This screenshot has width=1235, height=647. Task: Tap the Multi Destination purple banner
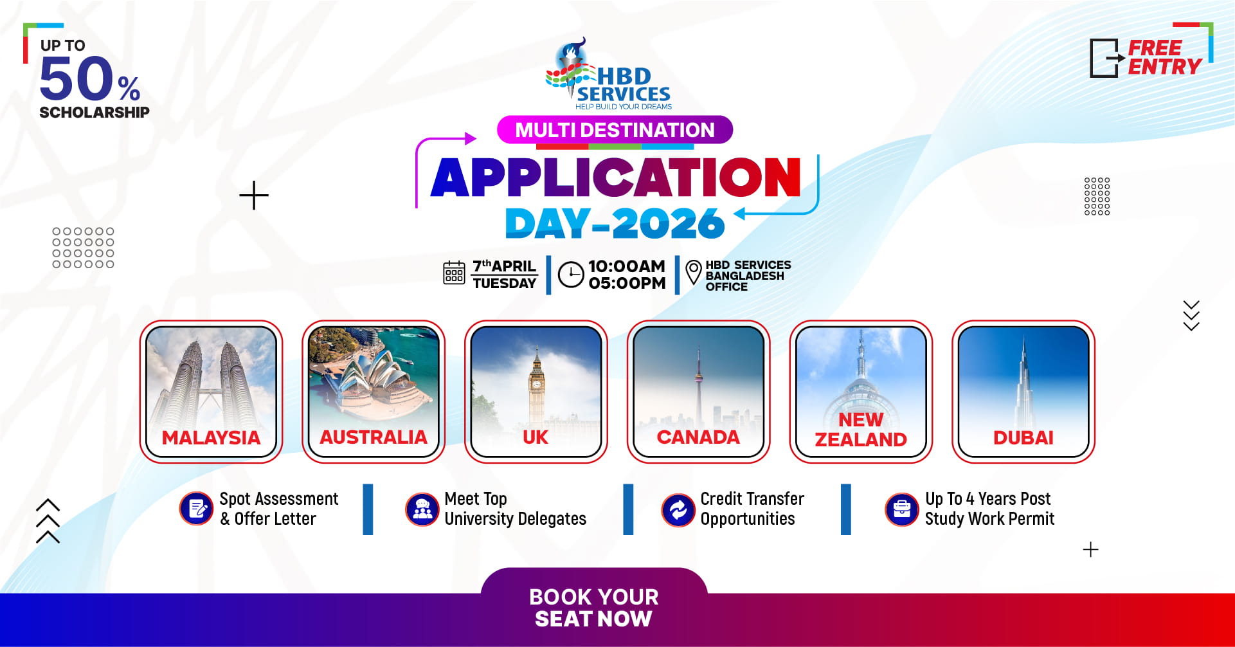(615, 130)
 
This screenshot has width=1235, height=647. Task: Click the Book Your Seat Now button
(594, 606)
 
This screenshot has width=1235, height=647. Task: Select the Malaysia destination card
(211, 391)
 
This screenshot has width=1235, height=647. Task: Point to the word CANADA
(698, 437)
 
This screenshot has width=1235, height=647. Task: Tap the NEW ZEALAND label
(861, 430)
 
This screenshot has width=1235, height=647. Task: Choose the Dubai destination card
(1023, 391)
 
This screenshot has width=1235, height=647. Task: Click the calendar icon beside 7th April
(454, 273)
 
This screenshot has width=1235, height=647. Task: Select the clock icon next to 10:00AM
(571, 275)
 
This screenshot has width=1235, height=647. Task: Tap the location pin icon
(694, 272)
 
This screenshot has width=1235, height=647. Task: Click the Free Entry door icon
(1106, 58)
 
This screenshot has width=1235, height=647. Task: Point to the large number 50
(77, 78)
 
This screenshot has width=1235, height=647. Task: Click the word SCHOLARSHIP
(95, 113)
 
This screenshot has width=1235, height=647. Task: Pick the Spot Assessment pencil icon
(196, 509)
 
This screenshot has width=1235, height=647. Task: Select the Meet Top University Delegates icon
(422, 509)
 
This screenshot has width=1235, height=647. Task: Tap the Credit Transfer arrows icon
(678, 510)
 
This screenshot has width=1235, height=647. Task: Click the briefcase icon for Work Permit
(902, 509)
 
